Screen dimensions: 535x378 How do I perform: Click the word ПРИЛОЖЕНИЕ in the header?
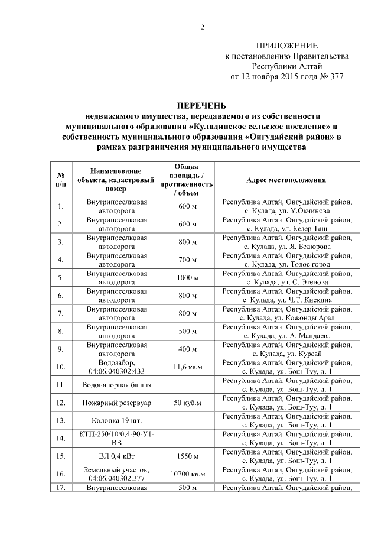[286, 46]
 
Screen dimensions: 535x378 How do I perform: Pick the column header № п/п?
[61, 180]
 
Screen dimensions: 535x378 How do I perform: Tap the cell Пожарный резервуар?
[117, 403]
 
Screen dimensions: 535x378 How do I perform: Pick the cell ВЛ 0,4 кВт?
[117, 456]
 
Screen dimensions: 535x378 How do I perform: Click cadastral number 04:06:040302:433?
[117, 371]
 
